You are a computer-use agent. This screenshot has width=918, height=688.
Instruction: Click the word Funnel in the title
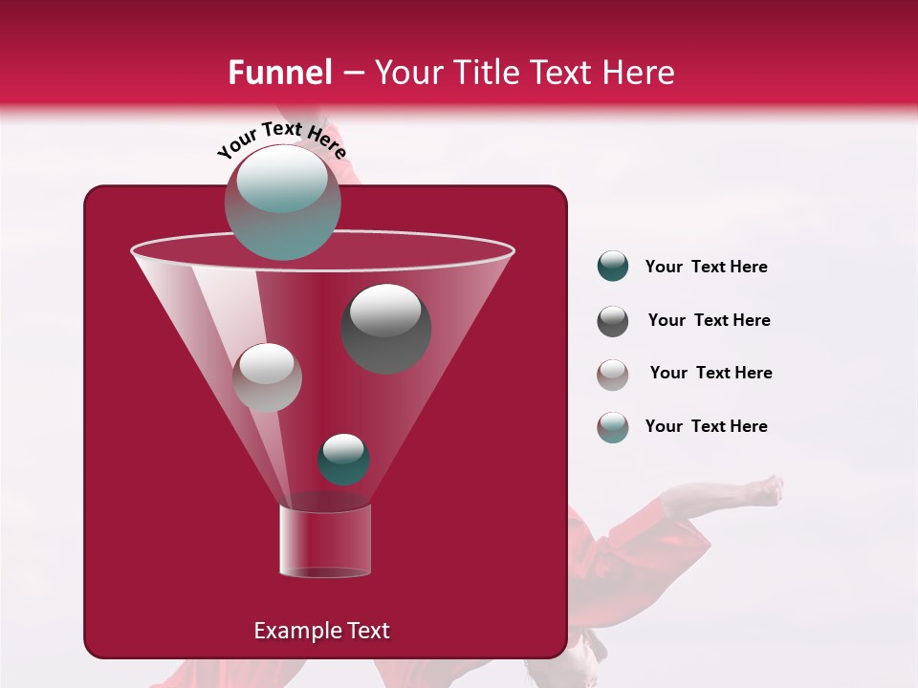[279, 73]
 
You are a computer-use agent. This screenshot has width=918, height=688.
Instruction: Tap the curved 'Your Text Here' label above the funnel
[281, 140]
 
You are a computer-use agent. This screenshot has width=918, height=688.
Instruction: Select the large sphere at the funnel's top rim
[282, 202]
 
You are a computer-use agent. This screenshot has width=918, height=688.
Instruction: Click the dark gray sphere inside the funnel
[386, 329]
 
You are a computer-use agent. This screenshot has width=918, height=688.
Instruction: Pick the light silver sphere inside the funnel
[267, 377]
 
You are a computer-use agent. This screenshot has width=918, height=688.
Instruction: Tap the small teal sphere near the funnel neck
[343, 460]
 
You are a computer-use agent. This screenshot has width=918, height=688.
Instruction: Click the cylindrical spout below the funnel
[324, 541]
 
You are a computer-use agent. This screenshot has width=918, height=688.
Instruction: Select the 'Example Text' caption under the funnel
[321, 631]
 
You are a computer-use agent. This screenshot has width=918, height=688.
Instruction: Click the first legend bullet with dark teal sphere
[613, 267]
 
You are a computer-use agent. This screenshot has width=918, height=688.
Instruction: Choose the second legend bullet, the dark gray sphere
[613, 321]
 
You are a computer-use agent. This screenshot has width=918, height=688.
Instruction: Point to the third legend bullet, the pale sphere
[613, 375]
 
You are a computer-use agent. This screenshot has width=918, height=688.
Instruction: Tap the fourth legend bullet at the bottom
[613, 427]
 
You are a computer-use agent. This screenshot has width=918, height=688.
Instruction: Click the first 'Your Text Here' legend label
[706, 267]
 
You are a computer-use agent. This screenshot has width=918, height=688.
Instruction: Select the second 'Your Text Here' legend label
[709, 320]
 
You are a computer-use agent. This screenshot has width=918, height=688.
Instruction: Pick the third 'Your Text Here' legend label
[710, 373]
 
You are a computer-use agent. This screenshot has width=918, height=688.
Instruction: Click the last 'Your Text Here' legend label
[706, 426]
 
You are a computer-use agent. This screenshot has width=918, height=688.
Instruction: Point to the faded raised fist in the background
[766, 490]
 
